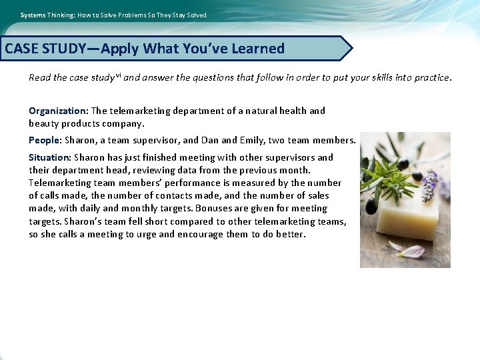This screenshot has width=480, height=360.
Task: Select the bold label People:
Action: point(45,140)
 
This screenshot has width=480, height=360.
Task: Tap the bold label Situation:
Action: point(50,157)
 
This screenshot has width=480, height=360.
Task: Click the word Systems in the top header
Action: point(31,15)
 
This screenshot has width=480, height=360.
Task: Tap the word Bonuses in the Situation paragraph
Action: point(213,209)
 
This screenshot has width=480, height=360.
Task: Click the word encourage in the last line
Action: point(201,234)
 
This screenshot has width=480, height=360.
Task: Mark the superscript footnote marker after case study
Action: point(117,75)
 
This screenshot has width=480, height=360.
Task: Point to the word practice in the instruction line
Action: point(431,77)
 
